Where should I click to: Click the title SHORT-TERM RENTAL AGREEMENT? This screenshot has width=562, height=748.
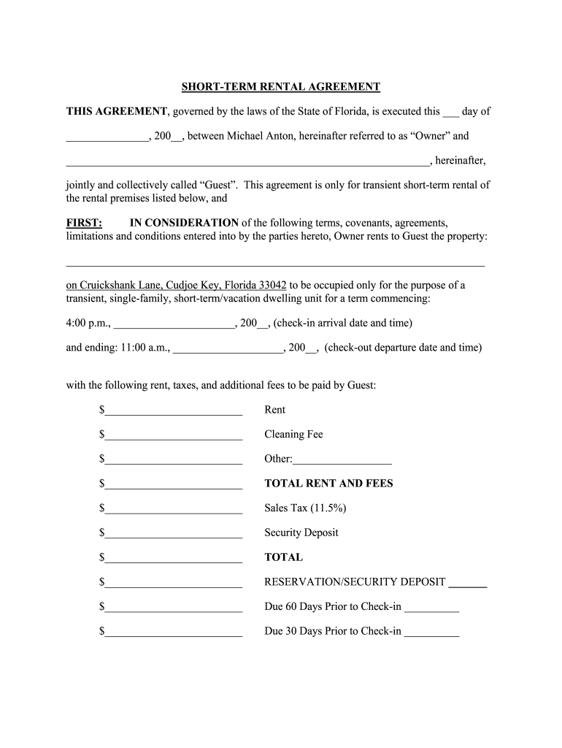coord(281,87)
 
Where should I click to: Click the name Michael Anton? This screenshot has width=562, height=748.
coord(261,136)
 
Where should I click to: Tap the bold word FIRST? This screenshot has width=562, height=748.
coord(84,223)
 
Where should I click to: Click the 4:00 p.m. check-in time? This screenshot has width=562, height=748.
coord(88,323)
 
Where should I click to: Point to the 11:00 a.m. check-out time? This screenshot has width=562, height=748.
coord(142,348)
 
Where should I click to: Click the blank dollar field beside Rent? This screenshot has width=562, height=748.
coord(174,411)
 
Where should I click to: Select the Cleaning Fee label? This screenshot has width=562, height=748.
coord(293,435)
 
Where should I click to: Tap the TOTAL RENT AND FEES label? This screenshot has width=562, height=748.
coord(328,484)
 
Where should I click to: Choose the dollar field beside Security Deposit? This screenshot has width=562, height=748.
coord(174,534)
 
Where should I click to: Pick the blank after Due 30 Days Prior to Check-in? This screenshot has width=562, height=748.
coord(431,633)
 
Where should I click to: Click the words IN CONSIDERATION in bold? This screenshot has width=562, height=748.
coord(184,223)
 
